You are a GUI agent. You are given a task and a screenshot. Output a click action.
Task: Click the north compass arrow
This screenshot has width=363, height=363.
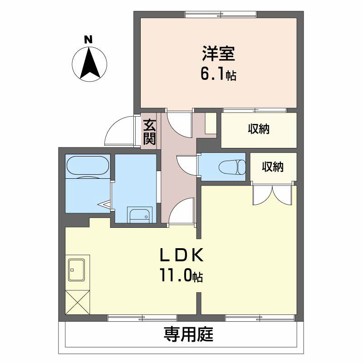tap(90, 63)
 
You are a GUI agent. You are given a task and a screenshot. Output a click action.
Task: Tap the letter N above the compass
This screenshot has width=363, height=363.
tap(89, 39)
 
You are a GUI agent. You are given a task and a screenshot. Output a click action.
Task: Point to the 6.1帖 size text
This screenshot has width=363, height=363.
tap(218, 74)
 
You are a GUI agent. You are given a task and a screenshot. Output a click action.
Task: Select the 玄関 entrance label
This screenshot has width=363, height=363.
tap(150, 132)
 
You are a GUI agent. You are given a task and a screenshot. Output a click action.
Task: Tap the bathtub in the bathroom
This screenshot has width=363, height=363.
tap(88, 167)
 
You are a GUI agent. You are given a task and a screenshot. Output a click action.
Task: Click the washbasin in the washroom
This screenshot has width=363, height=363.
tap(139, 215)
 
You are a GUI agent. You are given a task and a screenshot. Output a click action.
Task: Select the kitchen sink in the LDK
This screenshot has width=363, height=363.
tap(78, 270)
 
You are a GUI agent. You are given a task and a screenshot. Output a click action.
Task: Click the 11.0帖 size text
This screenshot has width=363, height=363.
tap(180, 275)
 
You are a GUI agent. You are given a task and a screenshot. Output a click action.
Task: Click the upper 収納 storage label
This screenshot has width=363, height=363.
tap(259, 129)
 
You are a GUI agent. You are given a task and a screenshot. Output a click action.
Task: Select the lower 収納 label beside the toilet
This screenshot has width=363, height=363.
tap(273, 167)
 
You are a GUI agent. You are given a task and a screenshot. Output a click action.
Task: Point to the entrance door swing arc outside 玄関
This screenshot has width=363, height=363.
tap(119, 132)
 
